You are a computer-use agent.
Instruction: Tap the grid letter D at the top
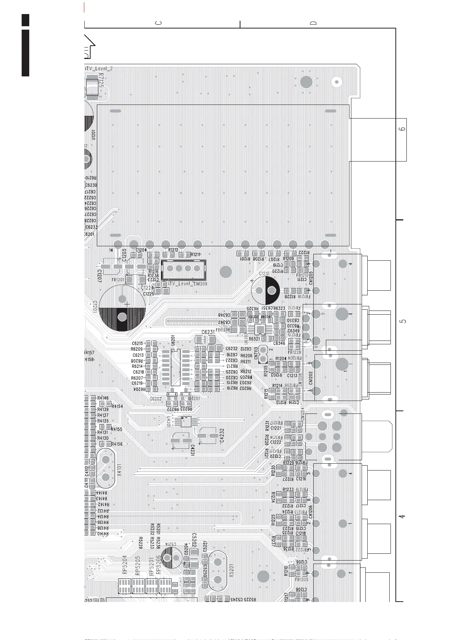pyautogui.click(x=313, y=23)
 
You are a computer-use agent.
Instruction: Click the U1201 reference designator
pyautogui.click(x=93, y=135)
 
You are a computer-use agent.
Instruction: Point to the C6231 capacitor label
pyautogui.click(x=208, y=332)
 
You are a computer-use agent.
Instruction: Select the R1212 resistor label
pyautogui.click(x=173, y=250)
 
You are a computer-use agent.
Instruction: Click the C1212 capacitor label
pyautogui.click(x=264, y=274)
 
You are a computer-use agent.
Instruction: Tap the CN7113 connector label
pyautogui.click(x=256, y=353)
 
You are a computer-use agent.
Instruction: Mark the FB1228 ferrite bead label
pyautogui.click(x=294, y=352)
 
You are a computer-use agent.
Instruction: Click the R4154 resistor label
pyautogui.click(x=117, y=406)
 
